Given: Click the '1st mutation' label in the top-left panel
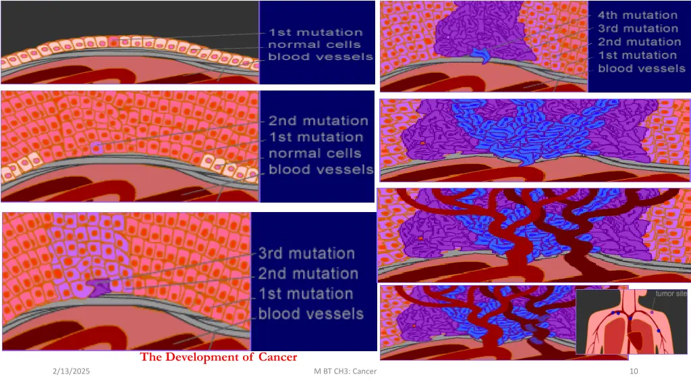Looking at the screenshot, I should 316,32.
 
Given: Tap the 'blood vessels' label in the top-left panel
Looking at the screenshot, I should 321,57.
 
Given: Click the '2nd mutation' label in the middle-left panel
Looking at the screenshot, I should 319,122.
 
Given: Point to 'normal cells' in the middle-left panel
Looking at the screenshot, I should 315,153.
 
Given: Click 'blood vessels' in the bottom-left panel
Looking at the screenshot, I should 310,314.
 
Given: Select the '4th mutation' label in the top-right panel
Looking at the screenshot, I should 637,15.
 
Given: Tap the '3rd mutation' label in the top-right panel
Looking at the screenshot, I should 637,28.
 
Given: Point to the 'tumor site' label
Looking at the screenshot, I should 671,293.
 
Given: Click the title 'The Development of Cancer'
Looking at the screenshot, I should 219,357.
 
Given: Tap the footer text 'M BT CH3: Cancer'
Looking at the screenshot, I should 345,372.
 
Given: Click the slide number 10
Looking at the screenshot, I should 634,372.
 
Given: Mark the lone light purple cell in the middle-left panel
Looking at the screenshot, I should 96,147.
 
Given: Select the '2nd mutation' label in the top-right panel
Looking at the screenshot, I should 637,42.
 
